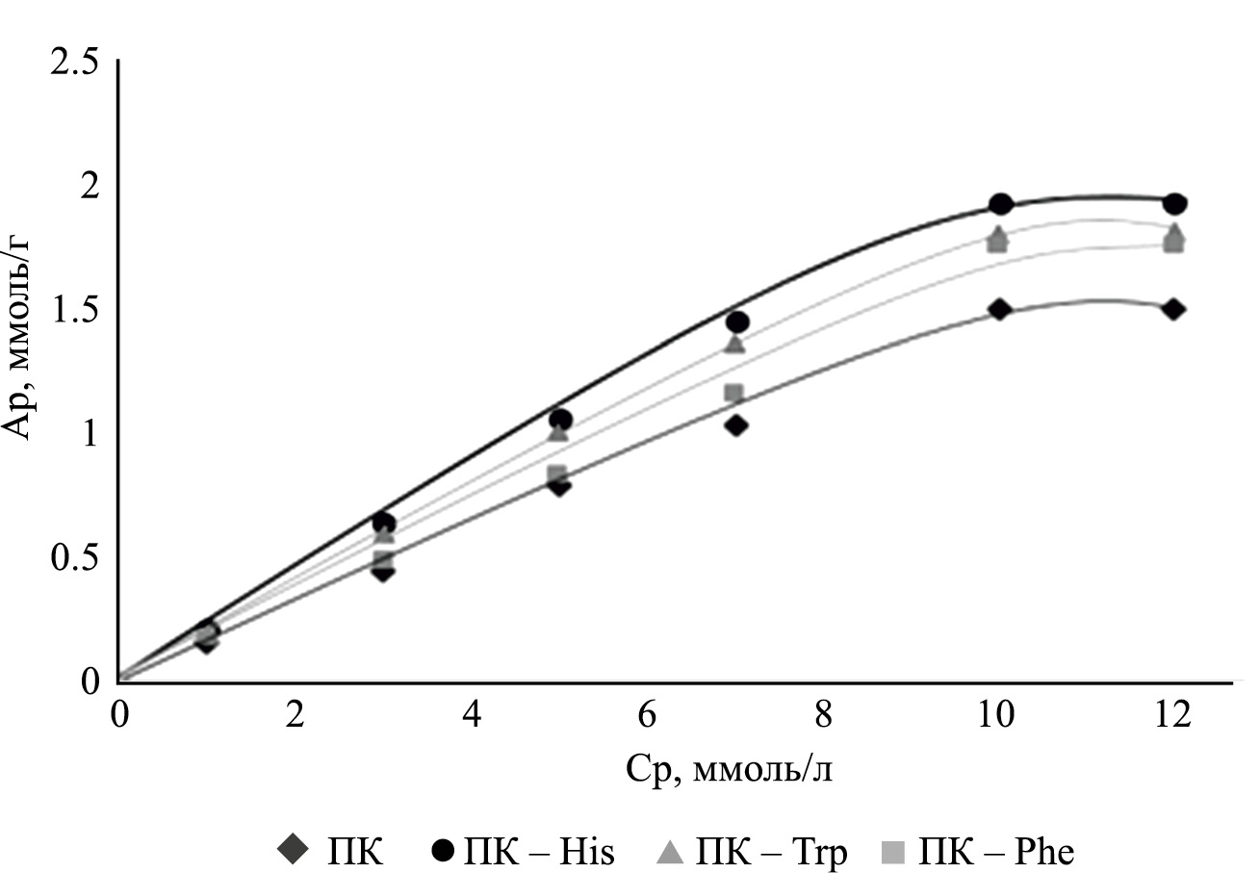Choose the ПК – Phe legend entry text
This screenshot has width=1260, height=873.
(x=996, y=851)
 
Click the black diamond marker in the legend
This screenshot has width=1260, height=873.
(x=292, y=851)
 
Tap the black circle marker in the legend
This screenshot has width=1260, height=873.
(x=444, y=851)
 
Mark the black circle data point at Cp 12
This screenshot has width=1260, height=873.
(x=1173, y=204)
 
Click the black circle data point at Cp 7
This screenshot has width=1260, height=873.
(x=737, y=322)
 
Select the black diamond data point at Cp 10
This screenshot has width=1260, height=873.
(x=999, y=310)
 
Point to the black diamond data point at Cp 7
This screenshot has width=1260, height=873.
(x=737, y=425)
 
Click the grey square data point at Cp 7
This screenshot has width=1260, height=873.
(x=734, y=393)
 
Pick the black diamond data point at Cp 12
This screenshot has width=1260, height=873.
(x=1173, y=310)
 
